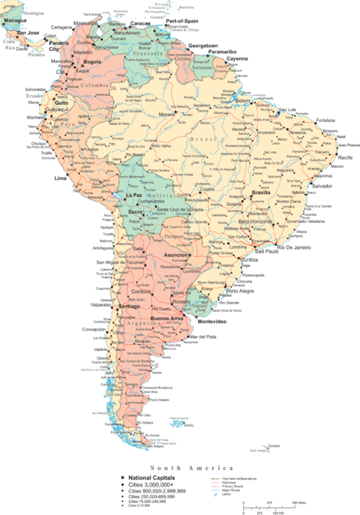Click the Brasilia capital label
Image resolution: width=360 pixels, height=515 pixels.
click(261, 192)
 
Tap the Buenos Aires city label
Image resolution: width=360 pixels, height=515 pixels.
click(166, 319)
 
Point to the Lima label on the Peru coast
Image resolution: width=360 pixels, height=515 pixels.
click(61, 178)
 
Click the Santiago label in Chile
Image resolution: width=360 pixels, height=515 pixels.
click(129, 307)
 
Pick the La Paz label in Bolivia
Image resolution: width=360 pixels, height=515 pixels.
click(133, 195)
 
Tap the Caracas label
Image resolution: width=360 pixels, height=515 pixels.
click(141, 23)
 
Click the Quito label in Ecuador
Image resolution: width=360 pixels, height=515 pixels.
click(61, 103)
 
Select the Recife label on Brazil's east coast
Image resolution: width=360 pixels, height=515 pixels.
click(345, 158)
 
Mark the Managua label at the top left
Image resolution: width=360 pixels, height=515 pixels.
click(16, 20)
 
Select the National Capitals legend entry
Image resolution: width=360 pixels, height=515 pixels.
click(151, 477)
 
